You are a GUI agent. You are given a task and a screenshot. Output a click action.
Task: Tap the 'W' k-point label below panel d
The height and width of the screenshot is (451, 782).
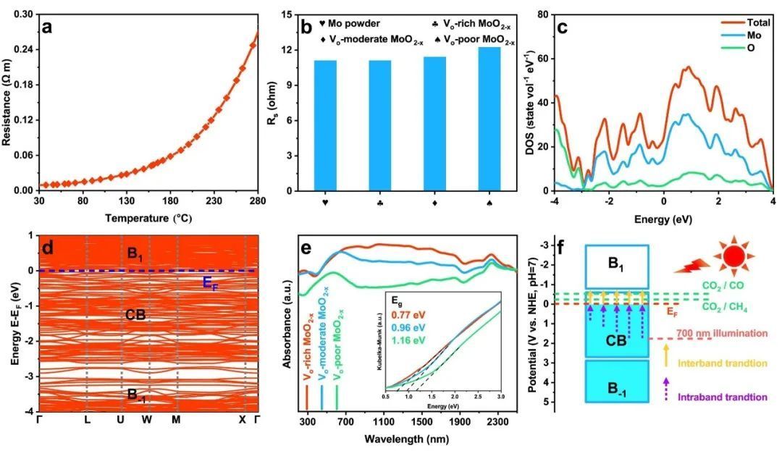click(147, 420)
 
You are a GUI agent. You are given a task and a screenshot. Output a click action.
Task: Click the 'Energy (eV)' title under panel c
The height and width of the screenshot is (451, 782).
click(663, 217)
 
